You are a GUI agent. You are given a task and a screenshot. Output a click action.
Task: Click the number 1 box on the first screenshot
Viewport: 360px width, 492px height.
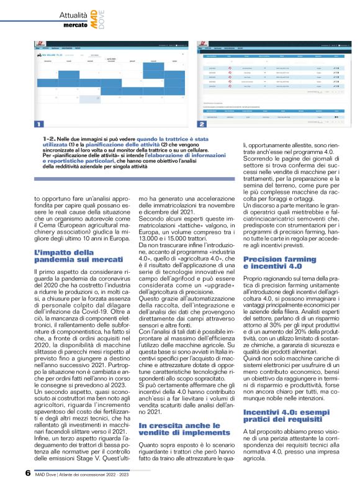[x=39, y=123]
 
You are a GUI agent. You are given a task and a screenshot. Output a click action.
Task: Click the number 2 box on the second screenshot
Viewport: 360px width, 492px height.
[x=202, y=124]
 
